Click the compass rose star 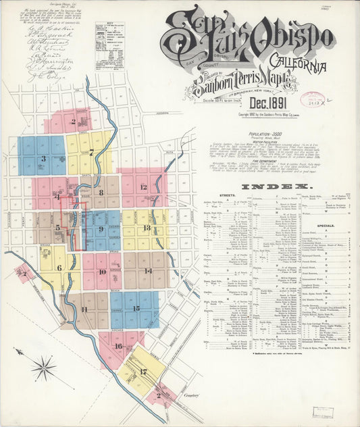pos(44,369)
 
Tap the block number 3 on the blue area pos(43,159)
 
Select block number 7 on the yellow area pos(91,153)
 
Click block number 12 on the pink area pos(143,187)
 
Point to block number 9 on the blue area pos(101,229)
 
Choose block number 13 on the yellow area pos(146,228)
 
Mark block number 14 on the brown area pos(147,270)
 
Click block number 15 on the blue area pos(136,308)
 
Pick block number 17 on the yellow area pos(143,371)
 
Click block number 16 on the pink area pos(118,346)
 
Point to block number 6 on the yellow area pos(59,268)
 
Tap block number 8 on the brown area pos(101,192)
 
